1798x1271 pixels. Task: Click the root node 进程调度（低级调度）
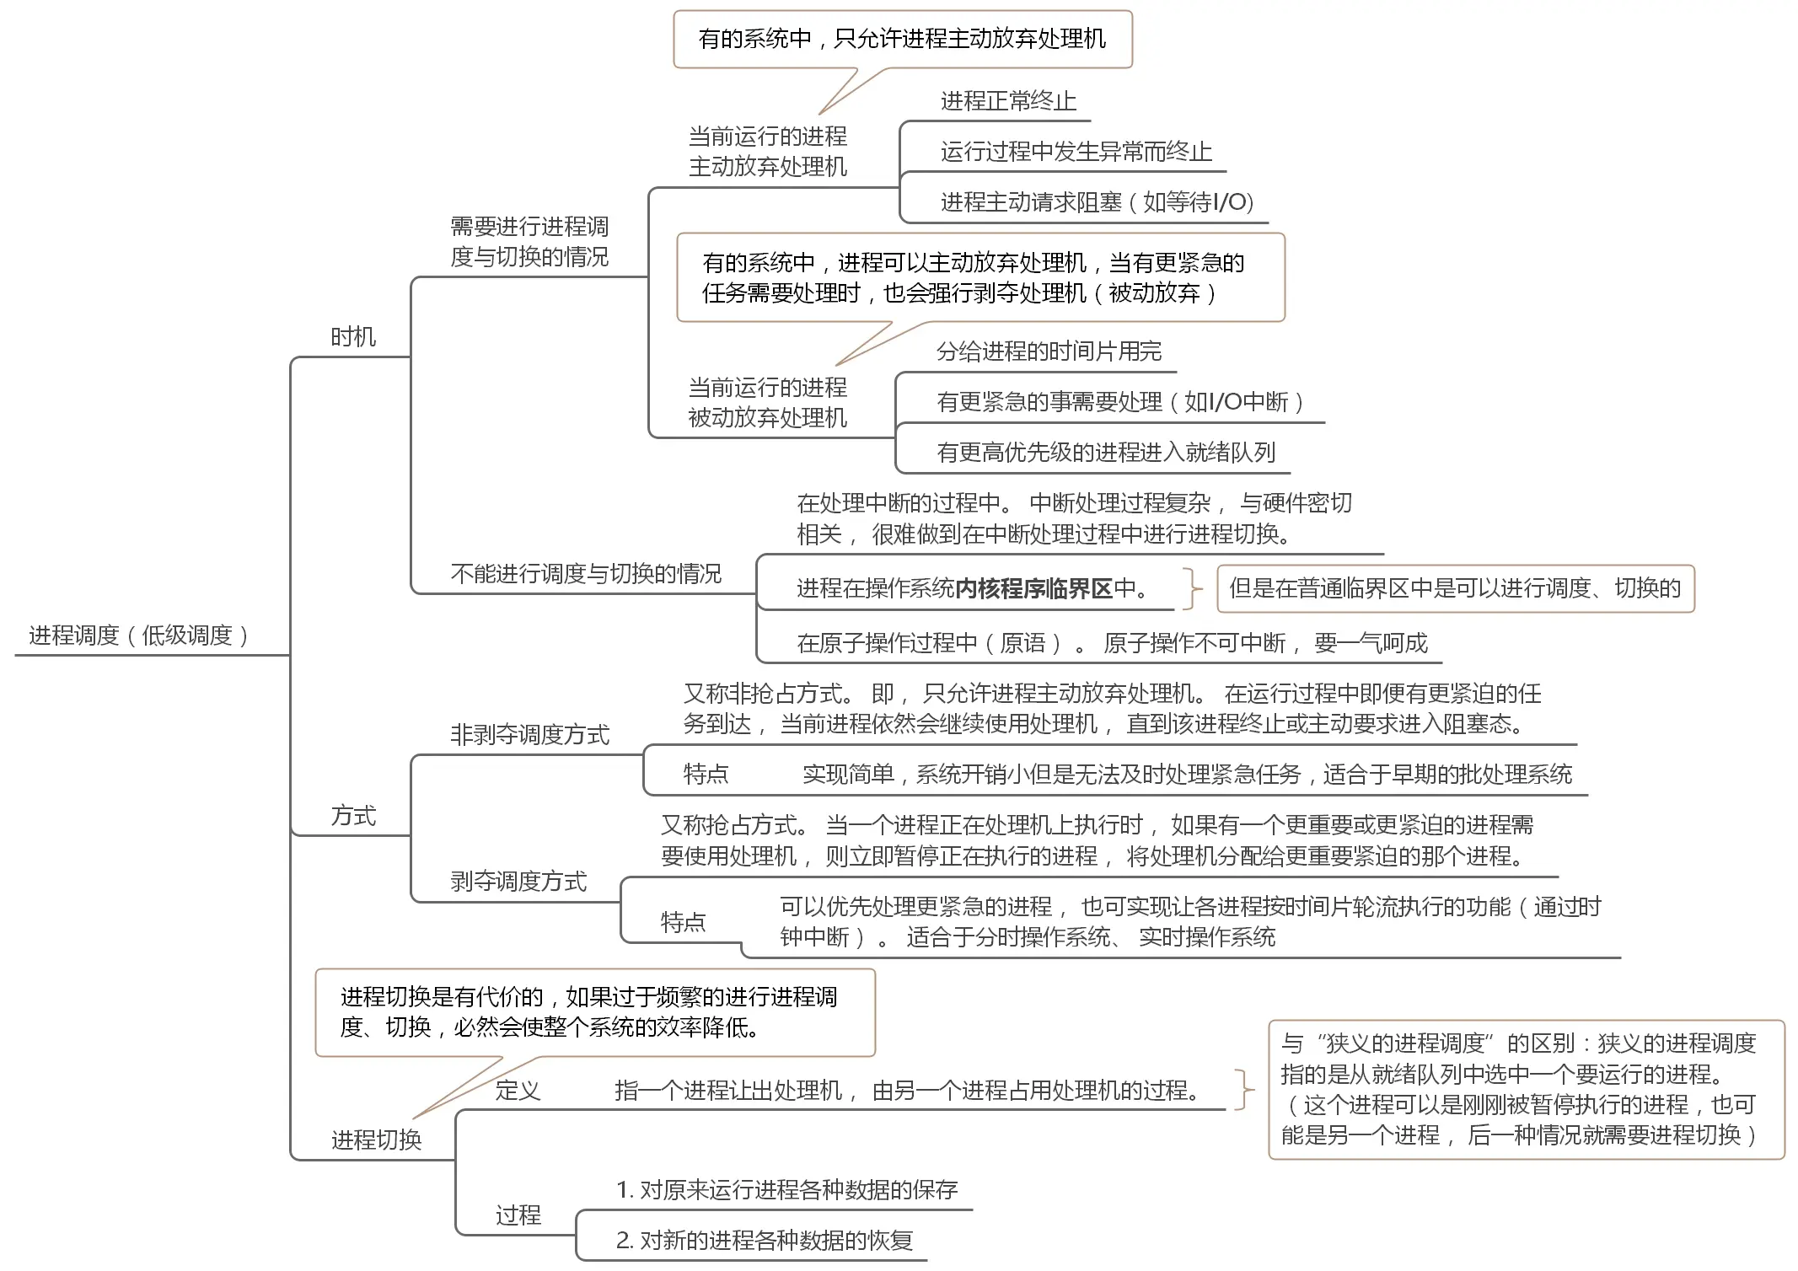click(x=139, y=635)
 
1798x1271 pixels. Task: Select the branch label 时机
click(x=353, y=337)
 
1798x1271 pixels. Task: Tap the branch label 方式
click(x=353, y=815)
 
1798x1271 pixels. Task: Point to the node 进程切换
click(x=376, y=1140)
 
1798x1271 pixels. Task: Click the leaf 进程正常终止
click(x=1008, y=101)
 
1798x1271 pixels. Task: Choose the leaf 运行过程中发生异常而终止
click(x=1076, y=152)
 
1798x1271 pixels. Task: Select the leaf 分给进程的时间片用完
click(x=1049, y=351)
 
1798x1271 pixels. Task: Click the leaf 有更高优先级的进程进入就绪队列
click(x=1105, y=453)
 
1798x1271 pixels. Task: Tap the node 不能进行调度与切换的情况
click(x=586, y=574)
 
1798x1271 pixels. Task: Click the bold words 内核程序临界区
click(x=1034, y=588)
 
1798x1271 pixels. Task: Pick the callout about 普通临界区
click(x=1455, y=588)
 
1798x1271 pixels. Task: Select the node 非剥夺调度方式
click(x=529, y=735)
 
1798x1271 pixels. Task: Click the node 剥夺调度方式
click(x=518, y=882)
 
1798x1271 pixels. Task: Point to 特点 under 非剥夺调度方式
click(x=706, y=774)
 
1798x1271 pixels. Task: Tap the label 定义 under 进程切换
click(x=518, y=1091)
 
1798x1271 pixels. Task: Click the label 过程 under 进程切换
click(x=518, y=1215)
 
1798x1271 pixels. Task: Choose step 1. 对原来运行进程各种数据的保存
click(x=786, y=1189)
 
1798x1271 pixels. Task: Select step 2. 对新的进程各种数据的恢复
click(x=765, y=1240)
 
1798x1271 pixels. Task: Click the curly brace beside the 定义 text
click(x=1243, y=1091)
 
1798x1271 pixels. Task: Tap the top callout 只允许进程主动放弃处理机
click(x=902, y=39)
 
